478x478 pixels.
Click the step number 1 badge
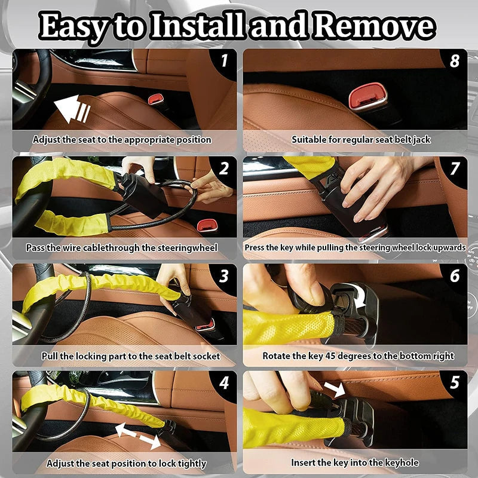click(x=224, y=60)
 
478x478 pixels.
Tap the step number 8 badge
click(x=455, y=60)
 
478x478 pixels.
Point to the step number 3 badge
click(x=224, y=275)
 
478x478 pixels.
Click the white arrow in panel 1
click(x=71, y=111)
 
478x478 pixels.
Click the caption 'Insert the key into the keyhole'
click(x=354, y=462)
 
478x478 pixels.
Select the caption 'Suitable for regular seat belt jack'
click(x=361, y=140)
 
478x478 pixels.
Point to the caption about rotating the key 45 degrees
click(x=358, y=356)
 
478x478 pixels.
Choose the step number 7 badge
click(x=455, y=168)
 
